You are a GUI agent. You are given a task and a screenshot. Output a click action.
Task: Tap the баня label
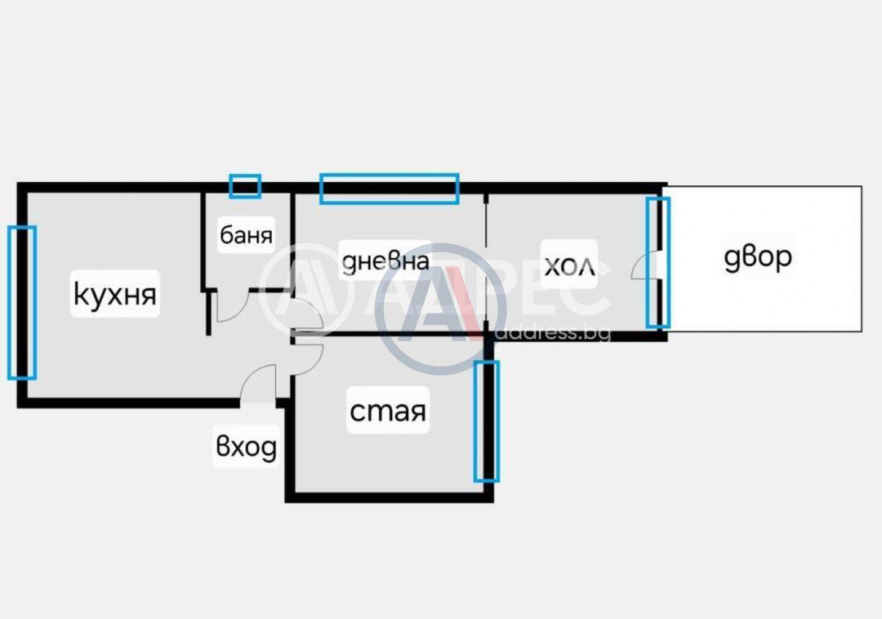246,235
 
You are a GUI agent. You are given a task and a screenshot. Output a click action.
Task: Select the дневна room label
386,261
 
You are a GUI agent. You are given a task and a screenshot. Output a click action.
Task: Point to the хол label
570,266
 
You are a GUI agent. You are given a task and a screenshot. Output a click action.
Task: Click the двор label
758,258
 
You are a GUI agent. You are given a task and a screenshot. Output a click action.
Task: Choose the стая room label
388,412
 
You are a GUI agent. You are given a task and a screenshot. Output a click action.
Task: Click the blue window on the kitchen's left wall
22,302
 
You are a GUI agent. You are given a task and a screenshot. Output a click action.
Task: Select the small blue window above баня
245,186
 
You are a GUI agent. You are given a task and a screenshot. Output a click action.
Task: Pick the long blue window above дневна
389,189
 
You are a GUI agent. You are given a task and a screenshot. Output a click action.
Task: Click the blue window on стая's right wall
487,421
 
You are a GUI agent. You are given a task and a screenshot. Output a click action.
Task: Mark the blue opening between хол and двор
658,263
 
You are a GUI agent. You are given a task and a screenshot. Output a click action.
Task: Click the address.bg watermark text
552,333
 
